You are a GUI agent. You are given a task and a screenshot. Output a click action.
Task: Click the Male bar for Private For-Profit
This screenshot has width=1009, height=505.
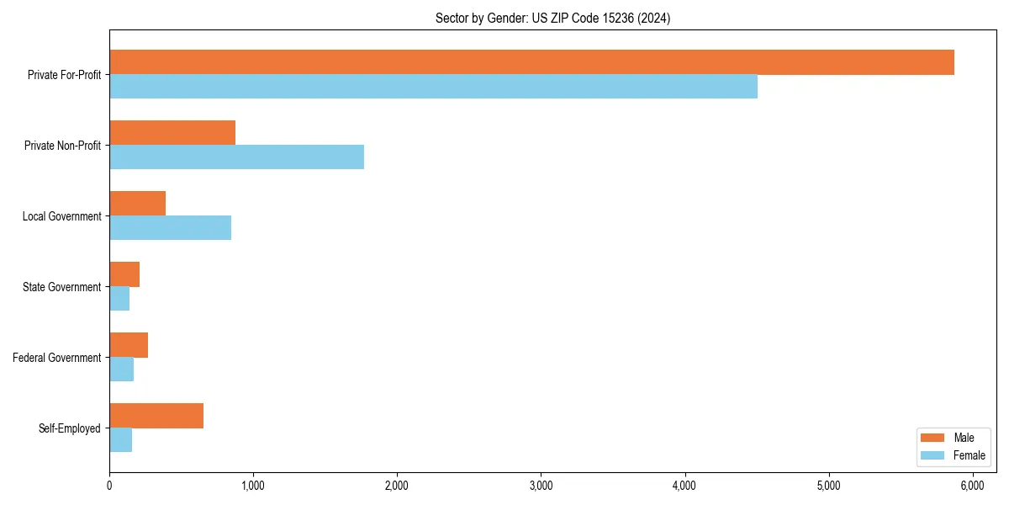pos(531,62)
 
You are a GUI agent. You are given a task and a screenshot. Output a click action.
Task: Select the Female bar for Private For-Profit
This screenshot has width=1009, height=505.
pos(433,87)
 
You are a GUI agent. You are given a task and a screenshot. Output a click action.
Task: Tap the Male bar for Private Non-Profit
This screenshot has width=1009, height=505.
pos(172,133)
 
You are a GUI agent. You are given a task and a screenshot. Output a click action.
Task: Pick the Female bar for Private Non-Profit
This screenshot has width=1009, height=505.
pos(236,157)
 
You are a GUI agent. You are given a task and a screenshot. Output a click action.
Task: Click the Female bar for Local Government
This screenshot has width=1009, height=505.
pos(170,228)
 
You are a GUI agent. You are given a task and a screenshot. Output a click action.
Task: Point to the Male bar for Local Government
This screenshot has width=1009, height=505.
pos(137,204)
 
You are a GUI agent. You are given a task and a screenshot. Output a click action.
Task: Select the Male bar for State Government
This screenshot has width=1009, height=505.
pos(124,274)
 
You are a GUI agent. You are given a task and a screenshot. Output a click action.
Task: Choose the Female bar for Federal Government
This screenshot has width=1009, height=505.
pos(121,369)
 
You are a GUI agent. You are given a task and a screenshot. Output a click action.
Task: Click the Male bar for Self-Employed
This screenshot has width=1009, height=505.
pos(156,416)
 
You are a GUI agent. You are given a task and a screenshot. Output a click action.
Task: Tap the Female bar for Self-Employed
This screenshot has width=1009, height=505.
pos(120,440)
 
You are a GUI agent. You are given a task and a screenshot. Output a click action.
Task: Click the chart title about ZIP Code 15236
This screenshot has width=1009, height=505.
pos(552,18)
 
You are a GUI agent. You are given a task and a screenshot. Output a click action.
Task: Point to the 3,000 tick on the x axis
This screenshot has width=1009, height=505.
pos(541,486)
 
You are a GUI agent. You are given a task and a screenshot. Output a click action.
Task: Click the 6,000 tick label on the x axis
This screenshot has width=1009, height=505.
pos(973,486)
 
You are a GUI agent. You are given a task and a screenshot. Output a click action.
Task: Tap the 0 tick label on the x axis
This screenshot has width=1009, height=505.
pos(109,486)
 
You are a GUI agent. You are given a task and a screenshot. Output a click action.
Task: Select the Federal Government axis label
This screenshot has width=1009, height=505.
pos(57,358)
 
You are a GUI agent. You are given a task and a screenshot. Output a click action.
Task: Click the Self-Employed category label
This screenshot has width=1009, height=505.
pos(70,428)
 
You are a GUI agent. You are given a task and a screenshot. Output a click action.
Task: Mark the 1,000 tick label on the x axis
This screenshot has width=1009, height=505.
pos(253,486)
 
